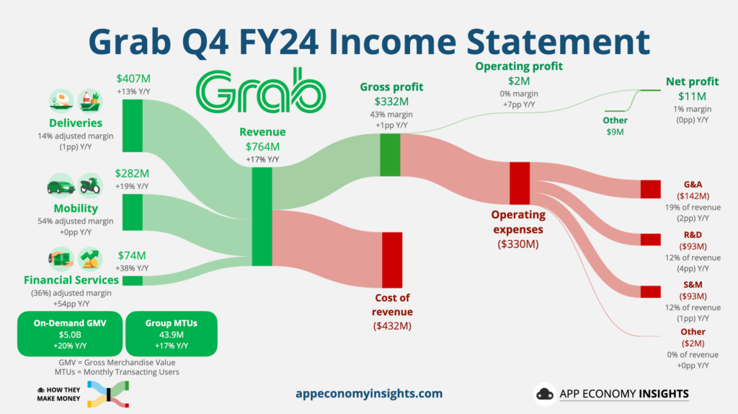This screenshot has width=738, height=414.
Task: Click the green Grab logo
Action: (261, 91)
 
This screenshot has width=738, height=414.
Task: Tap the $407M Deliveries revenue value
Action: (133, 79)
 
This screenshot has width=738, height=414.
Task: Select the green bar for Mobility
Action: (133, 213)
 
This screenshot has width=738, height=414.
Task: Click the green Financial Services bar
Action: (133, 281)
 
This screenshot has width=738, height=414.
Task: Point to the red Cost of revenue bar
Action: (392, 260)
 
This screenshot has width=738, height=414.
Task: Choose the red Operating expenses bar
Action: (520, 183)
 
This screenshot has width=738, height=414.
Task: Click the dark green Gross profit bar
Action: (390, 155)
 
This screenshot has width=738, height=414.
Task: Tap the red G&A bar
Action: (651, 190)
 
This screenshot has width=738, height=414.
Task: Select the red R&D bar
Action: (651, 239)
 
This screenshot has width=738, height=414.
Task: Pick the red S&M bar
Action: (651, 291)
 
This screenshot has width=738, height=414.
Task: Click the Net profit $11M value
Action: (692, 97)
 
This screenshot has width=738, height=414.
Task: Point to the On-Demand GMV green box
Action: (70, 334)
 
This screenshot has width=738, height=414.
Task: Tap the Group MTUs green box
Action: (172, 334)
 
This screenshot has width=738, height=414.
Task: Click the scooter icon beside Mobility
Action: (90, 185)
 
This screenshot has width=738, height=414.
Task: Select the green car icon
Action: (61, 186)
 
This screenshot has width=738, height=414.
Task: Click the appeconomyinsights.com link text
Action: (369, 394)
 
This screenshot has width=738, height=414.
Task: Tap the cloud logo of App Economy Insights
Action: (545, 394)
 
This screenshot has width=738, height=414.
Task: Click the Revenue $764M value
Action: (262, 147)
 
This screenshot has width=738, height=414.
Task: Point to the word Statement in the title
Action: (559, 41)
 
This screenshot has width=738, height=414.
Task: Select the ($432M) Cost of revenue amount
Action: (392, 326)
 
